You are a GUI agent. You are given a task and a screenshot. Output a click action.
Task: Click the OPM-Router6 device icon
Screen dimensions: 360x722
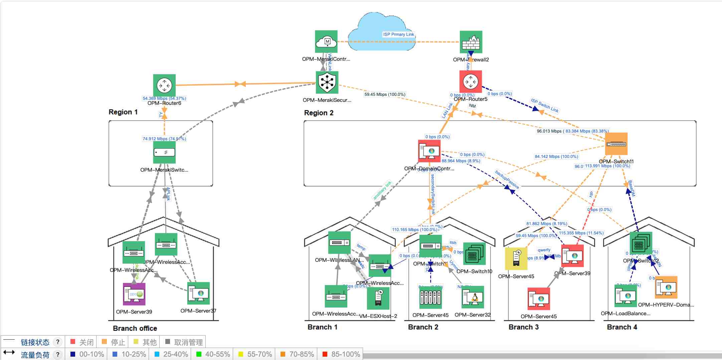point(164,85)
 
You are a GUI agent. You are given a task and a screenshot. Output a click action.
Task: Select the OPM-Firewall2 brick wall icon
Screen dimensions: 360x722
point(471,42)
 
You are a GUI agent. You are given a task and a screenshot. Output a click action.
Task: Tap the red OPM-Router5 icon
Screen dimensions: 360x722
point(471,81)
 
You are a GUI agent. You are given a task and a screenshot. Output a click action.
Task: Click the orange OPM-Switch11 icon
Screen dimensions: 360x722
point(616,144)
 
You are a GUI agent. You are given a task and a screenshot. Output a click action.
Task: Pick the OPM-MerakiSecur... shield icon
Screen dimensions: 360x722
point(327,82)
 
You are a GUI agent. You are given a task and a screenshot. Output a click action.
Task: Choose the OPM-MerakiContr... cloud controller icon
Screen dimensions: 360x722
point(326,41)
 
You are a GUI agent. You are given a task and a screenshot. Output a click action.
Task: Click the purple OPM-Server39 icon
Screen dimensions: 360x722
point(134,294)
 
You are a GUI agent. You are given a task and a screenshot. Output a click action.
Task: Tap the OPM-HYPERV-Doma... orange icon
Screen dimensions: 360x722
point(666,287)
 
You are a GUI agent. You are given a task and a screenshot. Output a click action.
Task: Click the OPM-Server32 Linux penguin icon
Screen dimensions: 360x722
point(473,297)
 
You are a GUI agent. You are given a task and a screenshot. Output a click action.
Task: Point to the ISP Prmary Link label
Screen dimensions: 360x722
point(398,34)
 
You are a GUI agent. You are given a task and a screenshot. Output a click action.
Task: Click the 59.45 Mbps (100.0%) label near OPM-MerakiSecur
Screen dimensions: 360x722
point(385,95)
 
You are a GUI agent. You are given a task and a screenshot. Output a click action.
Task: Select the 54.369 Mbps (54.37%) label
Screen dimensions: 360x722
point(164,99)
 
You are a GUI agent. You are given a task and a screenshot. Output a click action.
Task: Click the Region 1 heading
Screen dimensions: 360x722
point(123,112)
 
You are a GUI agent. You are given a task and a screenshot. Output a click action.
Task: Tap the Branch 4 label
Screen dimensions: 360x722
point(622,327)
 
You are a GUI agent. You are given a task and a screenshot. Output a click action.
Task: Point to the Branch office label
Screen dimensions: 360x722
point(135,328)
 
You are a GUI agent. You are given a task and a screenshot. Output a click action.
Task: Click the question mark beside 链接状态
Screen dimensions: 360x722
point(58,342)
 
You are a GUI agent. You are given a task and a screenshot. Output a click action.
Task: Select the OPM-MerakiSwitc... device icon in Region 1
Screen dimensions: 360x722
point(164,152)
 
